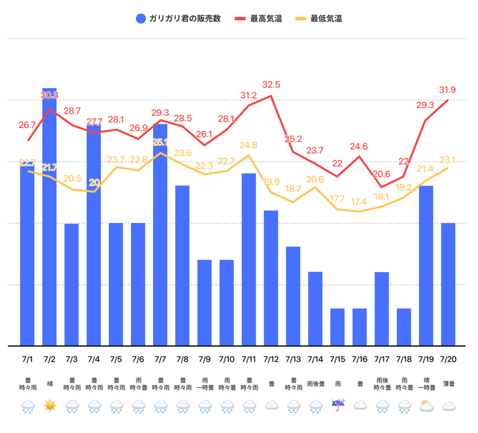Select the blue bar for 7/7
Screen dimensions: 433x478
click(160, 239)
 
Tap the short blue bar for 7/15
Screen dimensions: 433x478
click(338, 327)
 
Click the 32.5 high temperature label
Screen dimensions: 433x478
click(271, 84)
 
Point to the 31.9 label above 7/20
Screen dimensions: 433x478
click(448, 90)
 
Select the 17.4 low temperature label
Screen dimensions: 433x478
click(360, 202)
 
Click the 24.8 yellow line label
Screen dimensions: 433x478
click(249, 145)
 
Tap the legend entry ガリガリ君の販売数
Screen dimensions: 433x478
click(179, 19)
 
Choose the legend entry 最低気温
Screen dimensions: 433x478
click(326, 19)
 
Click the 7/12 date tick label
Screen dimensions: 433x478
click(271, 359)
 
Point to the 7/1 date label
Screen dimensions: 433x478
click(27, 359)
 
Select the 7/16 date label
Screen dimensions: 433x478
click(360, 359)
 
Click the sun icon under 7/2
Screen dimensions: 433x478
click(50, 407)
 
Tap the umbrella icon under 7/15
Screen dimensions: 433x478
click(338, 407)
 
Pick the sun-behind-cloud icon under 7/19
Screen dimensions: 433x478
click(426, 407)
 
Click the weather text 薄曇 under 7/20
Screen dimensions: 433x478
click(448, 383)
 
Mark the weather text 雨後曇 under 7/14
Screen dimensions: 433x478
click(315, 383)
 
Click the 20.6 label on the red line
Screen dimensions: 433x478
click(381, 174)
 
